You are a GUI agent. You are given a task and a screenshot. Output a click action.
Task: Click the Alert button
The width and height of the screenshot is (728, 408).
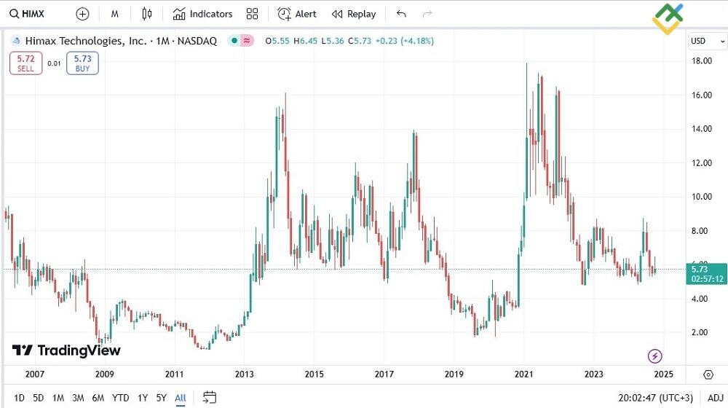coord(297,14)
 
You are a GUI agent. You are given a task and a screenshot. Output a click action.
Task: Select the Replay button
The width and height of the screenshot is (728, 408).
coord(354,14)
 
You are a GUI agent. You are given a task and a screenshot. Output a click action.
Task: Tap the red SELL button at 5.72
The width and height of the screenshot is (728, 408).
coord(25,63)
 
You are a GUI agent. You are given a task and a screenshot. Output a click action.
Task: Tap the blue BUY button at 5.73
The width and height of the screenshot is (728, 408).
coord(82,63)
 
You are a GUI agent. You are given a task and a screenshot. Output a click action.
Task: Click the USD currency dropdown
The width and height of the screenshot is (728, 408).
coord(706,41)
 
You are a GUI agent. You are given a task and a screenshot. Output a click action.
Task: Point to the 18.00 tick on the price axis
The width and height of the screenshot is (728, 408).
coord(702,61)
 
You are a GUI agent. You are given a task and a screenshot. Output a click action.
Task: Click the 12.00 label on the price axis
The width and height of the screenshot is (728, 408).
coord(702,163)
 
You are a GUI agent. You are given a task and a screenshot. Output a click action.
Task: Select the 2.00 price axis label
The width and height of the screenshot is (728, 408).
coord(702,333)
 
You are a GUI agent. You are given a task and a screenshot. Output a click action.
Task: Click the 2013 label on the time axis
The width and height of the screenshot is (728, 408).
coord(244,374)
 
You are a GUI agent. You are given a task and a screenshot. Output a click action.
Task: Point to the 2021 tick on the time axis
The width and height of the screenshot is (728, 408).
coord(524,374)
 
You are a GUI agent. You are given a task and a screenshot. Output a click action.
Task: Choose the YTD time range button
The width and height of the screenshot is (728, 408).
coord(121,398)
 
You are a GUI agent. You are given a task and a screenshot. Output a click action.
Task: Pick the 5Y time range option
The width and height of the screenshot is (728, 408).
coord(162,398)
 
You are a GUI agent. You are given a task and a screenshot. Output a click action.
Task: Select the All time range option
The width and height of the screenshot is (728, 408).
coord(181,398)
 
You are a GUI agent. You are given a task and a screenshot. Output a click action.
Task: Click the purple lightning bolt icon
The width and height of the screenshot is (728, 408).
coord(654,356)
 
